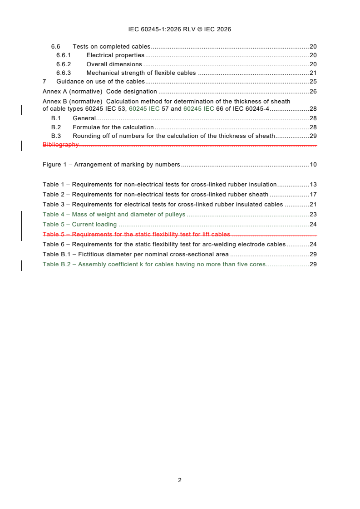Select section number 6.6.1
pos(64,55)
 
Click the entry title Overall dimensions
pos(114,64)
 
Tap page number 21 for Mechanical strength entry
pos(313,73)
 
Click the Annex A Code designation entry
pos(100,92)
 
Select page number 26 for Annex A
pos(313,92)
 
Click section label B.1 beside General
pos(56,118)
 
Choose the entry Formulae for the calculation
pos(113,127)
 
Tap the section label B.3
pos(56,136)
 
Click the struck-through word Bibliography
pos(60,145)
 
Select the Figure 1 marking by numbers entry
pos(111,165)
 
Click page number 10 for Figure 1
pos(313,165)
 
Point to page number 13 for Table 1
pos(313,185)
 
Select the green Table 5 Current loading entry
pos(79,225)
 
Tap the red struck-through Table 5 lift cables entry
pos(136,235)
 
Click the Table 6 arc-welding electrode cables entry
pos(164,245)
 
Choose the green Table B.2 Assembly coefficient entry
pos(153,264)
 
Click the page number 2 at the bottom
pos(180,480)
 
